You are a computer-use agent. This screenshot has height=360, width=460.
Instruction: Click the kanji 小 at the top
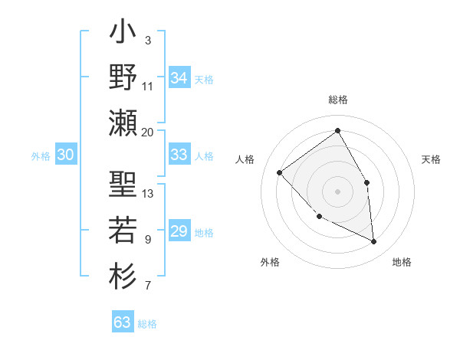(123, 35)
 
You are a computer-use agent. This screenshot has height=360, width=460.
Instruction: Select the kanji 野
(123, 79)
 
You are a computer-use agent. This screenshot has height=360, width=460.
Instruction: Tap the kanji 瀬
(123, 123)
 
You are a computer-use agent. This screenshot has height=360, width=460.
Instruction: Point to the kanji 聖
(123, 185)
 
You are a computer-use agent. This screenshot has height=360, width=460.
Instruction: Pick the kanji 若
(123, 230)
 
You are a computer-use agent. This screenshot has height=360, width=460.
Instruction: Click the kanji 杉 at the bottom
(123, 273)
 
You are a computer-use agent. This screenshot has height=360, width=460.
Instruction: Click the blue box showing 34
(179, 78)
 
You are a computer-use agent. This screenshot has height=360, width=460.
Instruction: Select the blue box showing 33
(179, 155)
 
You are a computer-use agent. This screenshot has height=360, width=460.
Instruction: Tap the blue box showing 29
(179, 231)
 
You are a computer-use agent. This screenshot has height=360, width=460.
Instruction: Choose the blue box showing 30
(65, 155)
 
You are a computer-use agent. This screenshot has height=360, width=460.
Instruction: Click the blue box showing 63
(122, 322)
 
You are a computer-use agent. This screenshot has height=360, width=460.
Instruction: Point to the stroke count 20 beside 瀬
(148, 132)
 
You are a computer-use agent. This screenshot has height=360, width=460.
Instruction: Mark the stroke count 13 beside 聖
(148, 193)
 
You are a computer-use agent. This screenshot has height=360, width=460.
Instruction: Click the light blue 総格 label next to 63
(147, 324)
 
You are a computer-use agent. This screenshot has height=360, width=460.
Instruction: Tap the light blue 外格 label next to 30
(41, 156)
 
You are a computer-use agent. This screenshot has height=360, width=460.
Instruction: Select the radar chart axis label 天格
(432, 159)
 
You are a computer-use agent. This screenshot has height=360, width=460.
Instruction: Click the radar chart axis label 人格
(245, 159)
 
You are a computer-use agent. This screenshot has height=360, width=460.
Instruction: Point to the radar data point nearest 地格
(374, 242)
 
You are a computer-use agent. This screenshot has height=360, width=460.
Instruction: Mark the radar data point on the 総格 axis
(337, 130)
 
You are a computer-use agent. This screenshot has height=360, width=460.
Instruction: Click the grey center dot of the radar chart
(337, 191)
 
